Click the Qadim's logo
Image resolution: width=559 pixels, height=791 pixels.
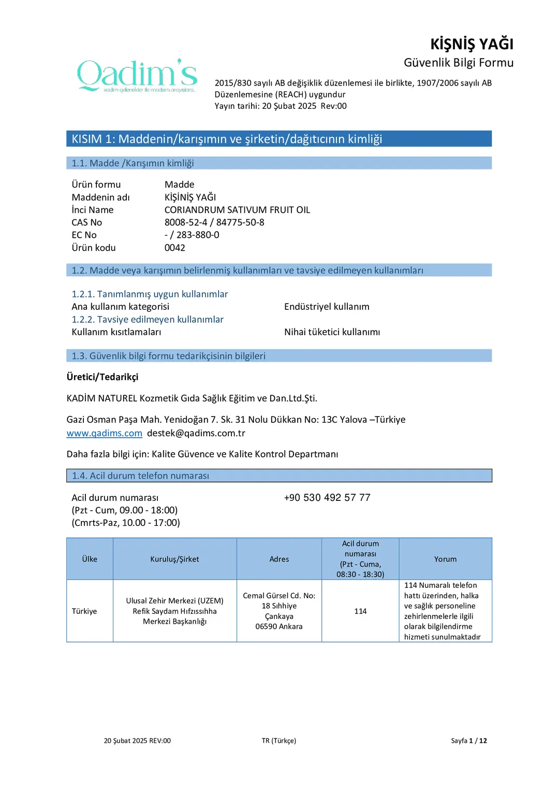pos(137,76)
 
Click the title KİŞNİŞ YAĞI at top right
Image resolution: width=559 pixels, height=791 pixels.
pos(472,44)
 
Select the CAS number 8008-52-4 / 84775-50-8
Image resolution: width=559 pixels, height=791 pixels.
pos(214,222)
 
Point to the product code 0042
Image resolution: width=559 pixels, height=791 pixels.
pos(175,248)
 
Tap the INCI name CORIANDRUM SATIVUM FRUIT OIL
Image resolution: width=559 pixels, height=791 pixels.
pos(237,210)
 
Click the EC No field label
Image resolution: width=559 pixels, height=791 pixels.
pos(84,235)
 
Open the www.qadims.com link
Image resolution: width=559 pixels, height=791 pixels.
pos(104,433)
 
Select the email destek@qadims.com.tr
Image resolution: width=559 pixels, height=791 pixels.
pos(196,433)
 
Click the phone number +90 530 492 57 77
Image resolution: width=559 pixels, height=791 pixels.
pos(327,497)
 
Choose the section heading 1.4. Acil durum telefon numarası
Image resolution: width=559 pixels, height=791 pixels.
pos(140,476)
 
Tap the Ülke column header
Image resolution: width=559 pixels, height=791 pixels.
pos(90,559)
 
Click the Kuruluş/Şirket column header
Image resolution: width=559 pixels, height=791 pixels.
pos(174,559)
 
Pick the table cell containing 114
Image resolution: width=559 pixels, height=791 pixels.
pos(360,611)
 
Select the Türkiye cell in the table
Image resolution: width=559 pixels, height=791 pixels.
pos(84,611)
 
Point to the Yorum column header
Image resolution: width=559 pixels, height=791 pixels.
pos(445,559)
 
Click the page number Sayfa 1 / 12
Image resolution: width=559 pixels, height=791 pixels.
pos(468,741)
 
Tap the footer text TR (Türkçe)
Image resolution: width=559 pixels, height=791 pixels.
pos(278,741)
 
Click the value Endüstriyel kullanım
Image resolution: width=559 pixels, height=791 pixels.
pos(327,307)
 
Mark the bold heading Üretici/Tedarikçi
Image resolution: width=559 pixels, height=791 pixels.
pos(102,377)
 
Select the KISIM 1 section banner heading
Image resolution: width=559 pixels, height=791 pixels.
pos(227,139)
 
